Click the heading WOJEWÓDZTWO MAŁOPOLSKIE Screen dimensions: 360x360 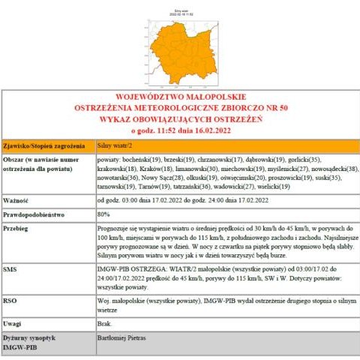(x=180, y=97)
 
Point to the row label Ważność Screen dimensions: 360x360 (x=16, y=201)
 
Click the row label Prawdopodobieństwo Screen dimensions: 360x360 (x=32, y=214)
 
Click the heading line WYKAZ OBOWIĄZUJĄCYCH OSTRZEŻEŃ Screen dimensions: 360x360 (x=180, y=118)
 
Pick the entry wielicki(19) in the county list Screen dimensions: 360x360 (x=273, y=187)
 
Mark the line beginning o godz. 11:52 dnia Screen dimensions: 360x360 (x=180, y=129)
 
